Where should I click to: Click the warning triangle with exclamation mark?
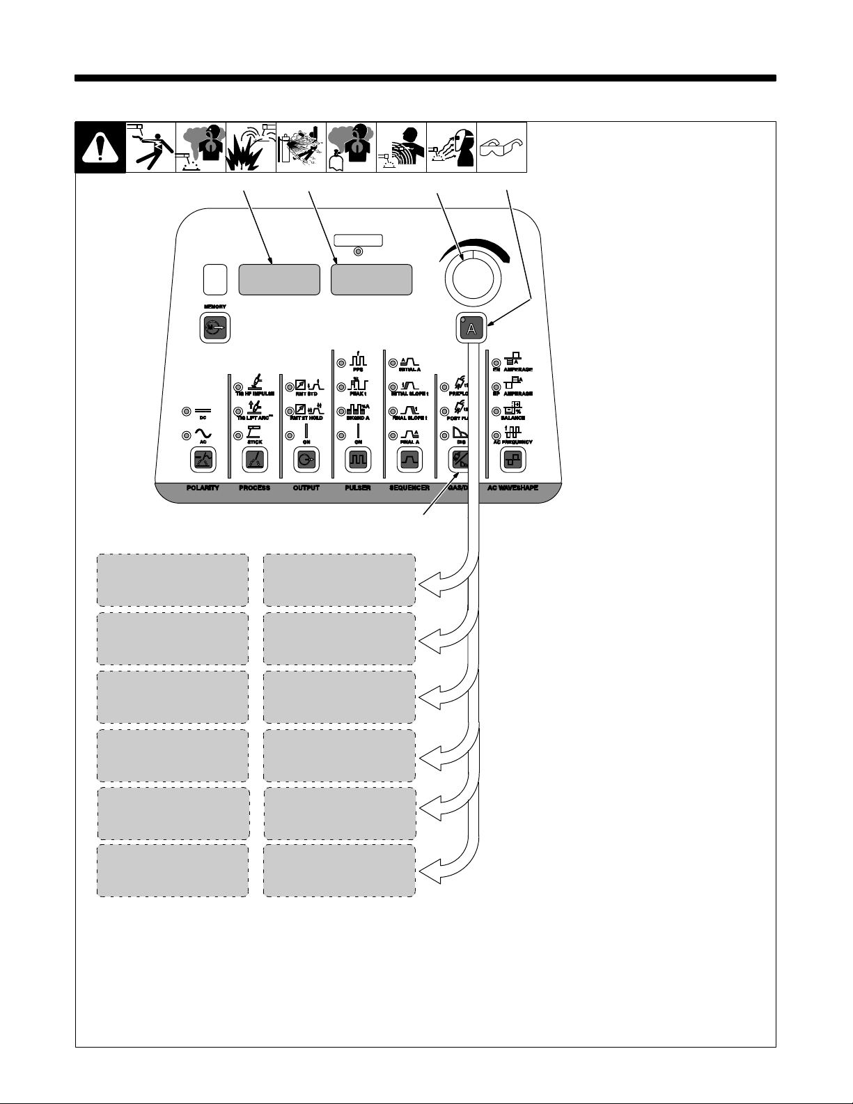click(x=100, y=148)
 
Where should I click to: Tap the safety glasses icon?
click(x=501, y=148)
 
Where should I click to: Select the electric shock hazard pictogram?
click(x=150, y=148)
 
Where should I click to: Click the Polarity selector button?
click(x=203, y=460)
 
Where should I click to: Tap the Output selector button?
click(x=306, y=460)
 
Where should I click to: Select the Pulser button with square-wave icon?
click(x=358, y=460)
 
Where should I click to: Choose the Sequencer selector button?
click(x=409, y=460)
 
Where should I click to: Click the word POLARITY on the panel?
click(x=203, y=488)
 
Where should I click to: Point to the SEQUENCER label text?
click(x=409, y=488)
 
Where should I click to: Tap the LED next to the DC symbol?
click(x=186, y=411)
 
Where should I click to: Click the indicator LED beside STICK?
click(x=238, y=435)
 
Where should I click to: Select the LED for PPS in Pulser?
click(x=341, y=363)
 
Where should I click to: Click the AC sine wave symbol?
click(x=203, y=434)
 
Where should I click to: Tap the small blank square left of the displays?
click(x=215, y=279)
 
